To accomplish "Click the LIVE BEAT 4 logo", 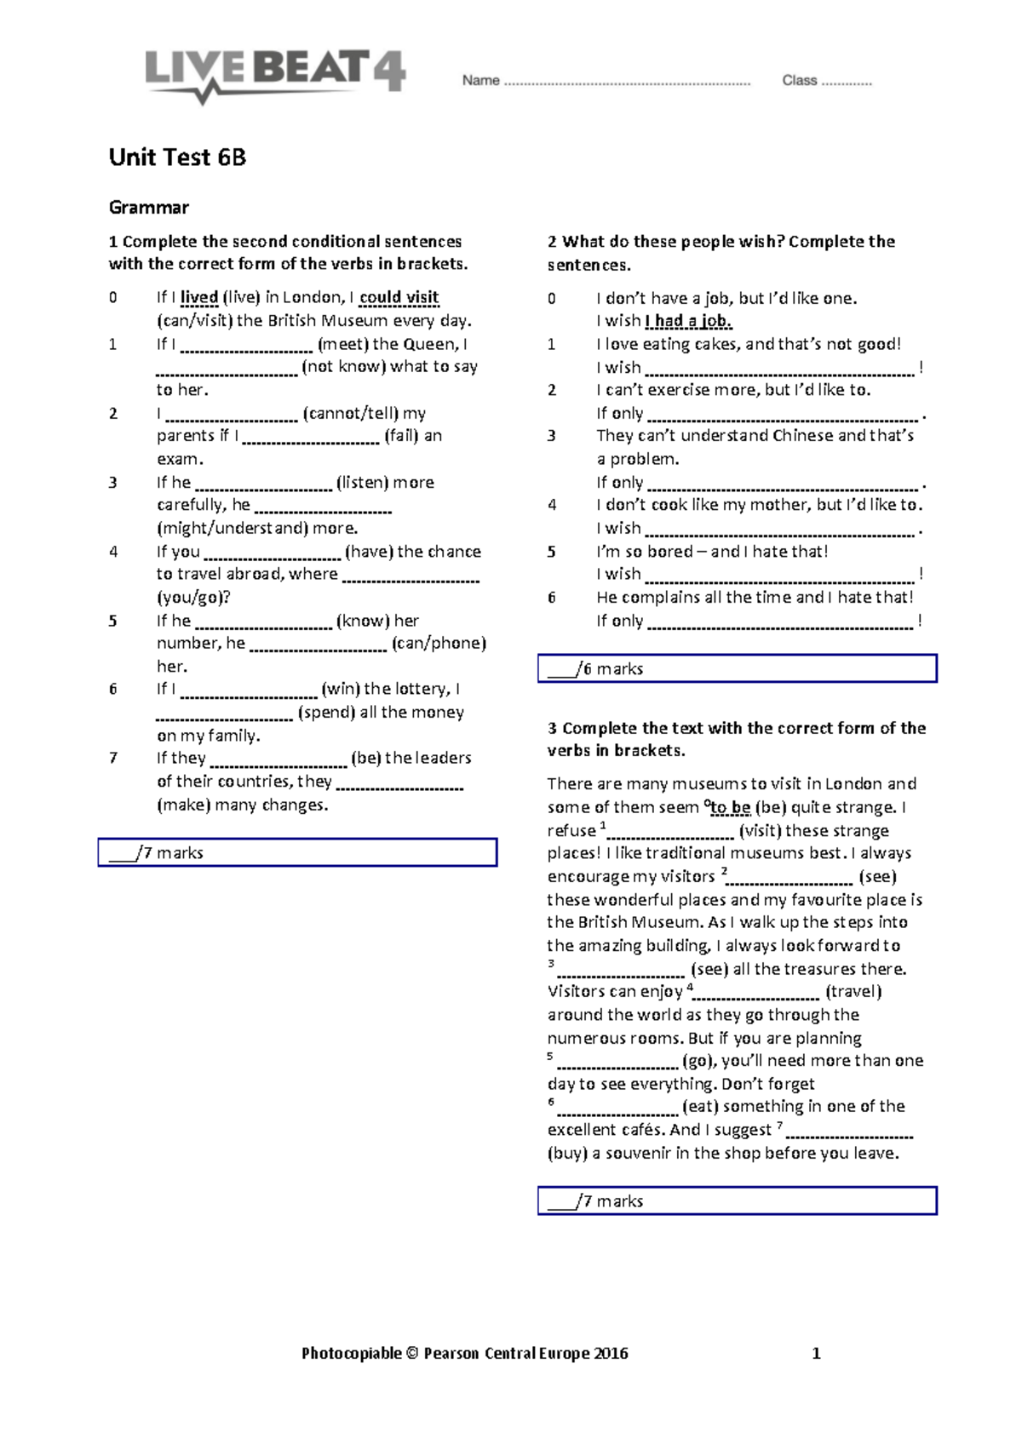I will tap(274, 73).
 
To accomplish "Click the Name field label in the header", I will tap(480, 81).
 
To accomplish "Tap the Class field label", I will tap(799, 81).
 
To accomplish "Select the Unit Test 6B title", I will tap(177, 158).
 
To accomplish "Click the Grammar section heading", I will tap(149, 208).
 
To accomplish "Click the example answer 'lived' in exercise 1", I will tap(199, 297).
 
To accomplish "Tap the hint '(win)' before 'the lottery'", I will tap(340, 689).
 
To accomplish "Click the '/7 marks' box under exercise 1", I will tap(297, 852).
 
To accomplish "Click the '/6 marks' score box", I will tap(737, 668).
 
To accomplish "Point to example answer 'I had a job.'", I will tap(689, 321).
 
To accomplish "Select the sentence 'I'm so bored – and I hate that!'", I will tap(712, 552).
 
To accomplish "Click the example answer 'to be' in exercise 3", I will tap(730, 807).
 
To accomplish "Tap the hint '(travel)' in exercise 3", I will tap(853, 991).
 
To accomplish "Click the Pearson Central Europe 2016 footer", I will tap(465, 1353).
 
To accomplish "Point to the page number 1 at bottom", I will tap(816, 1354).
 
